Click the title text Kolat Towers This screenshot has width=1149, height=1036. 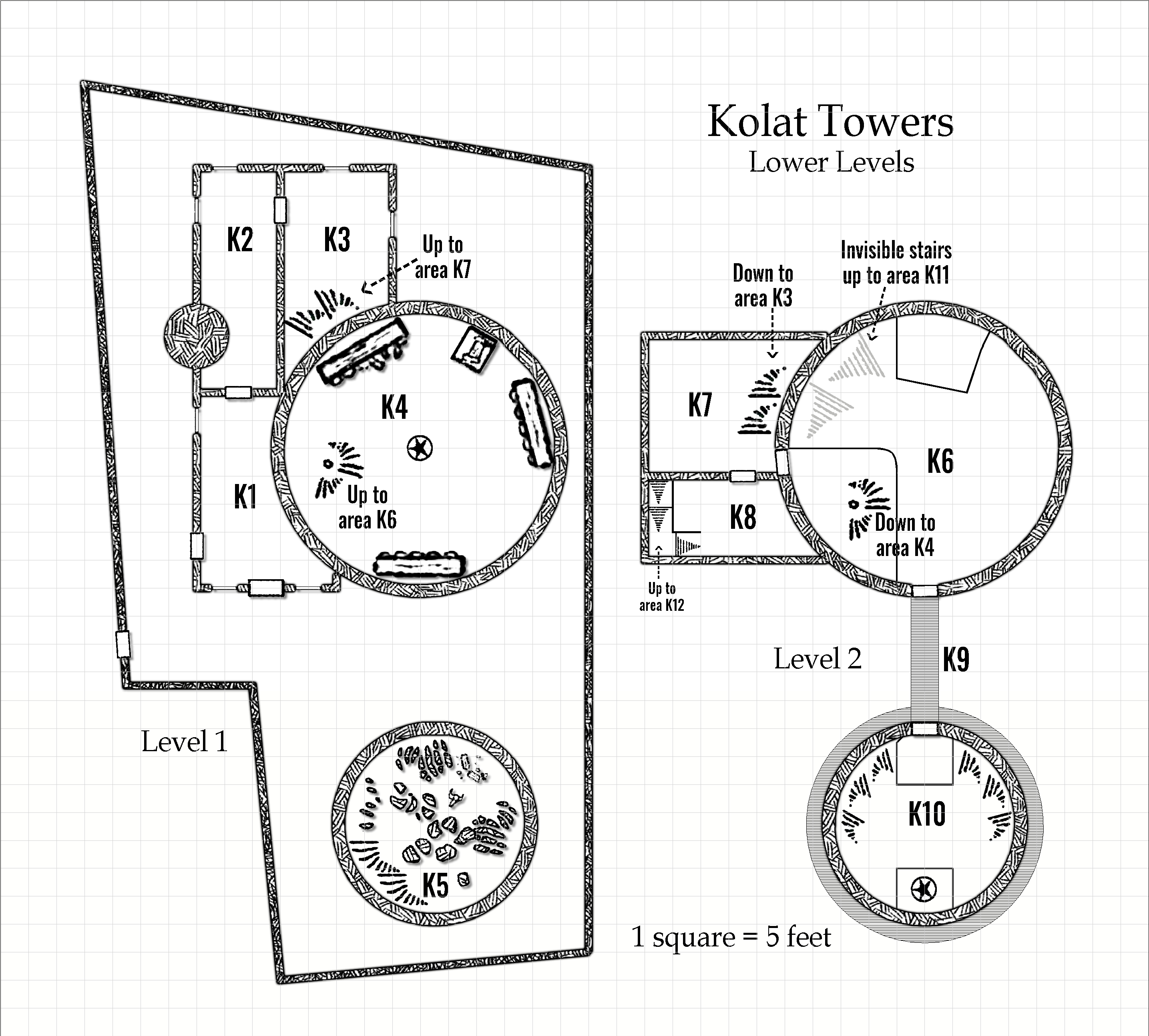(830, 122)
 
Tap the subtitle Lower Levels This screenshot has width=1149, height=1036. (831, 162)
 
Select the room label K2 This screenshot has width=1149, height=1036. (240, 239)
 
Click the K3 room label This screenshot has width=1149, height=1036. (337, 239)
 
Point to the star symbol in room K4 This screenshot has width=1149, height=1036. (420, 448)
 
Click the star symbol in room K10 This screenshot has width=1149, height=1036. (924, 888)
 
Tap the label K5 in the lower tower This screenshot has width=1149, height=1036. (435, 885)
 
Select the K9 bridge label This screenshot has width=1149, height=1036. (955, 660)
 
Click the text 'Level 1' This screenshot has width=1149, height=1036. (184, 742)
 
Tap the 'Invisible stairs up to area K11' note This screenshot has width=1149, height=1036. (896, 262)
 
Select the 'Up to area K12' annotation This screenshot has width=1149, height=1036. (661, 596)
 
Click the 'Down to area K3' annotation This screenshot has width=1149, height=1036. (763, 286)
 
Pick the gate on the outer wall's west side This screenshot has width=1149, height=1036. (123, 644)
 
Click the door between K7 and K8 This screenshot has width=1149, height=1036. (743, 476)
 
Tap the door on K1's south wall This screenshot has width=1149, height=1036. (266, 588)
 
